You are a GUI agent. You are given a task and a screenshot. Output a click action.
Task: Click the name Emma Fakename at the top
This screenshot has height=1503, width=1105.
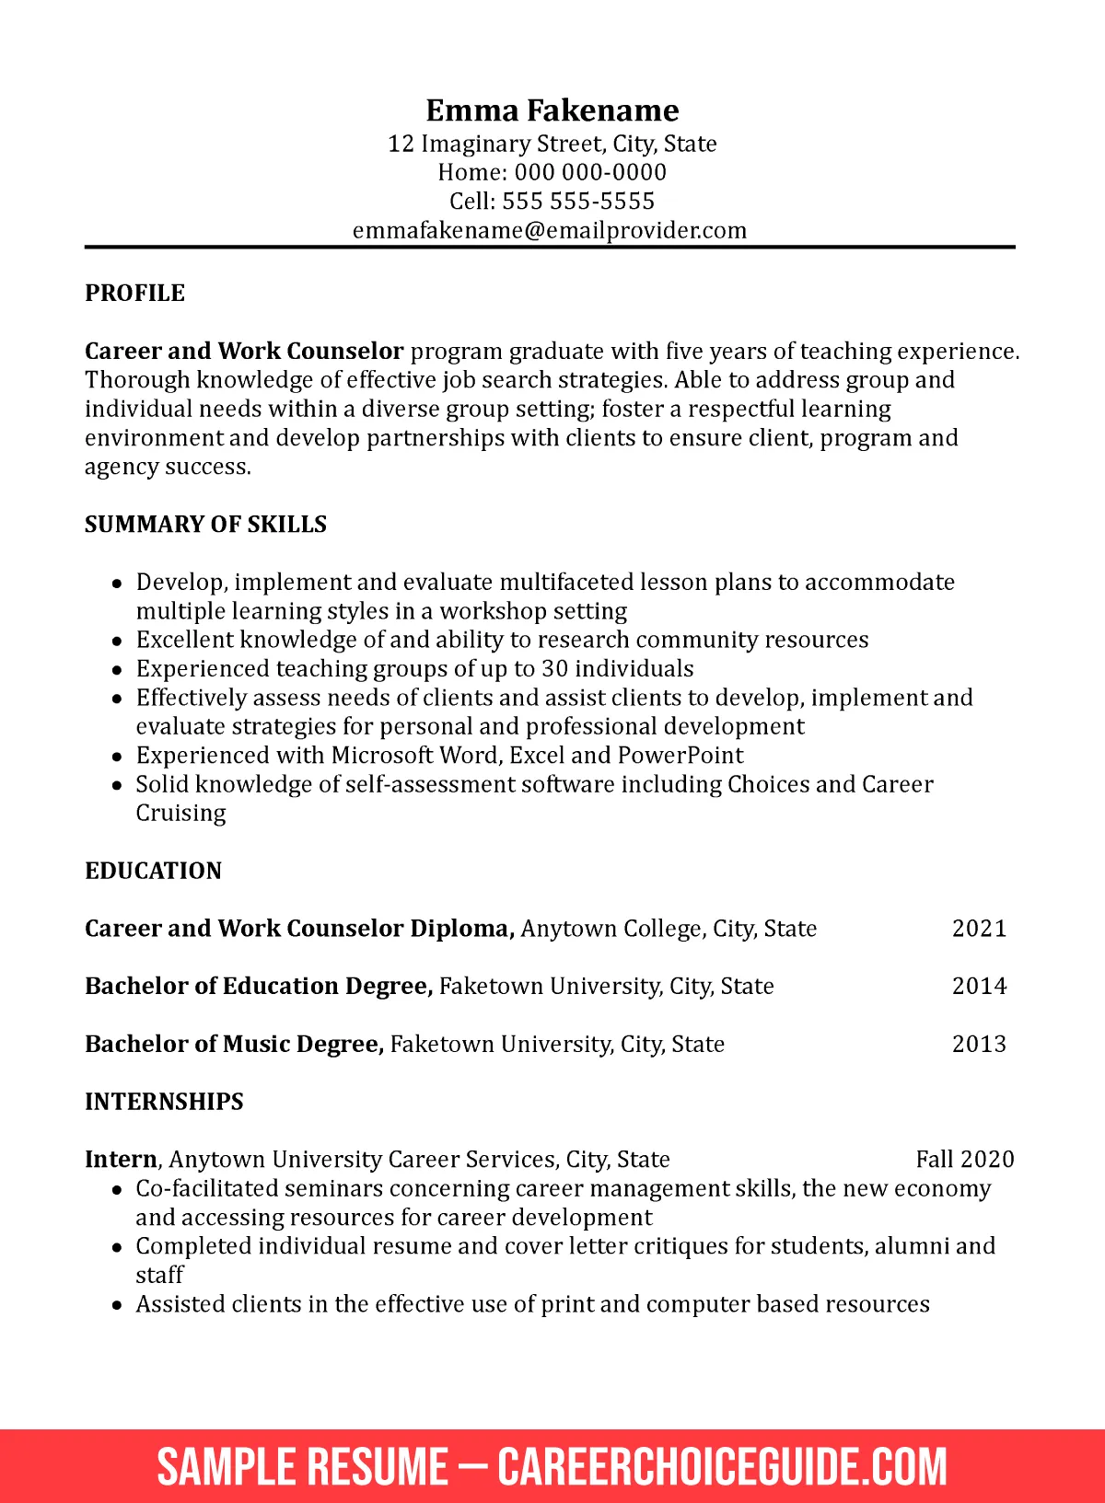pos(552,110)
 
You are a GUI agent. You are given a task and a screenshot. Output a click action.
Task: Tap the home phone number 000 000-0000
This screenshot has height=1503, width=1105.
pos(590,172)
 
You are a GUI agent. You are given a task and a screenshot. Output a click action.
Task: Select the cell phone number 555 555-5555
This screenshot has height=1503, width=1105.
pos(578,201)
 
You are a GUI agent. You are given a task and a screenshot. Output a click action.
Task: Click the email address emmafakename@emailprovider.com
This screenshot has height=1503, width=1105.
pos(550,230)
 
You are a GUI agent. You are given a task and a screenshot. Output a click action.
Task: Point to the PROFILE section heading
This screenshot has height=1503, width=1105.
pos(134,293)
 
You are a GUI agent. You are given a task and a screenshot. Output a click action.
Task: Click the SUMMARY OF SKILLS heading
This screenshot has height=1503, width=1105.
pos(205,524)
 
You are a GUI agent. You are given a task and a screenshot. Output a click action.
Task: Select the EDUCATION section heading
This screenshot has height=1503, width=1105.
pos(153,871)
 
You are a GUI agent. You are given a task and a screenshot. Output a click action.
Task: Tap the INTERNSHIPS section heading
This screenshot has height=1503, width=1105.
pos(164,1102)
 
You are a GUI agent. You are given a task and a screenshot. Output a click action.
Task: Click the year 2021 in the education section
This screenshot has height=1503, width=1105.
pos(979,928)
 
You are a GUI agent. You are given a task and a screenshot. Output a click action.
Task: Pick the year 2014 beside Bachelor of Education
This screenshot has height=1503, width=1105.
pos(979,986)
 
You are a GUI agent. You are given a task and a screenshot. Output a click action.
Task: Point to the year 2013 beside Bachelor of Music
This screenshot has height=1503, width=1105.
pos(979,1044)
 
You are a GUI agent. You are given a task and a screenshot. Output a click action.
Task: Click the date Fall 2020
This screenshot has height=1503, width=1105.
pos(964,1159)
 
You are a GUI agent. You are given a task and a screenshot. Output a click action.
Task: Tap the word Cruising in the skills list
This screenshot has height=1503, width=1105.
pos(180,814)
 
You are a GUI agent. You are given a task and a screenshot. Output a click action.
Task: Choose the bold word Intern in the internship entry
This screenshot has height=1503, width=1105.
pos(121,1159)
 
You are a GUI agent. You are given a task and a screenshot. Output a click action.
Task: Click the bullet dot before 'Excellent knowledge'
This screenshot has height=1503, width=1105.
pos(117,641)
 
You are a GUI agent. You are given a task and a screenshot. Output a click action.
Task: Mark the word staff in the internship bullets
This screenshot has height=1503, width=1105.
pos(159,1276)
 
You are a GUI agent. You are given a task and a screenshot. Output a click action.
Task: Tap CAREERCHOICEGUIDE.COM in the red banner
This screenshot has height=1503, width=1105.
pos(722,1466)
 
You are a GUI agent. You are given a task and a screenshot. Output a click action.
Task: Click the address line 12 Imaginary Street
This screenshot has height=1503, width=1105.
pos(552,144)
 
